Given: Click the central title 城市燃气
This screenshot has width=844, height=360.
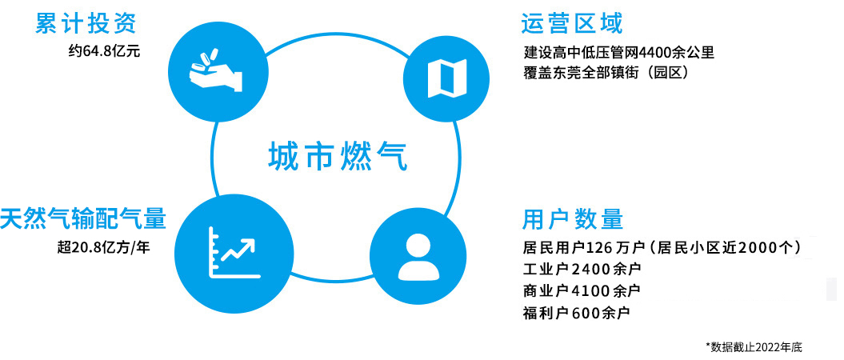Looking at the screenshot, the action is tap(338, 157).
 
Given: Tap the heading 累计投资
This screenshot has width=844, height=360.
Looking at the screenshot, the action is tap(86, 24).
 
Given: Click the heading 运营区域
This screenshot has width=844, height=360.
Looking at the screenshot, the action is tap(572, 24).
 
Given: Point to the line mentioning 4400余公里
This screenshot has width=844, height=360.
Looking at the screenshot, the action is tap(619, 53).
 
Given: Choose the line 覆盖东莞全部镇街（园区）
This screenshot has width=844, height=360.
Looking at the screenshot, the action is tap(606, 73).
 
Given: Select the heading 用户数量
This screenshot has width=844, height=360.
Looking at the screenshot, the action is tap(573, 219).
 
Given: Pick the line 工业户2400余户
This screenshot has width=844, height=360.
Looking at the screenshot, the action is tap(582, 269).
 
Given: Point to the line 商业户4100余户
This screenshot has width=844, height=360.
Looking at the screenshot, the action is tap(582, 290).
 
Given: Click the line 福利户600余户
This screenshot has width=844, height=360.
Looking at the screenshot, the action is tap(576, 312).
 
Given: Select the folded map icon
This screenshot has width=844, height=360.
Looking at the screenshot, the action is tap(446, 78).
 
